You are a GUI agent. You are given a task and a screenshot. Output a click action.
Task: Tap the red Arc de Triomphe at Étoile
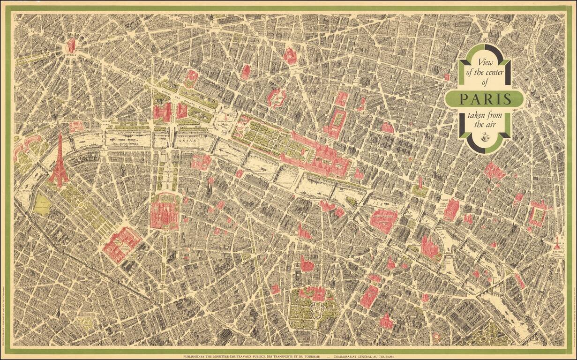(71, 45)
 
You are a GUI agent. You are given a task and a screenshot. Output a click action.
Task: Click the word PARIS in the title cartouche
(485, 99)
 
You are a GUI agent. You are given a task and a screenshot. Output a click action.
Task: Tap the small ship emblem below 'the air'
(484, 136)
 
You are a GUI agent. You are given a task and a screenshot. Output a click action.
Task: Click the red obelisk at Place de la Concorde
(226, 117)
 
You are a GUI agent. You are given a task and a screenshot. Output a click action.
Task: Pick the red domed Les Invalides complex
(165, 211)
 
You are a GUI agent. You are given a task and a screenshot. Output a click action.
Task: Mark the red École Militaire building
(121, 244)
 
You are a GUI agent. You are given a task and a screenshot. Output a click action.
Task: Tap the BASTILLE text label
(557, 252)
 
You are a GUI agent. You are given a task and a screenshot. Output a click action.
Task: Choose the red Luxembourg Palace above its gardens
(313, 294)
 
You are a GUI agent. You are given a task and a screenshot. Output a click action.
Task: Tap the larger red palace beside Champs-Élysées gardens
(162, 112)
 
